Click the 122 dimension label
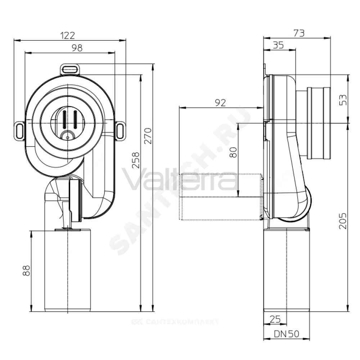pos(68,35)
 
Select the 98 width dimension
pos(77,48)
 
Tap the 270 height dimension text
pos(148,136)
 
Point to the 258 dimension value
pos(136,160)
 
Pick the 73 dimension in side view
pos(299,33)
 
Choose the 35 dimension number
pos(278,45)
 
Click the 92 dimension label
pos(220,103)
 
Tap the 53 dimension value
pos(343,100)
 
